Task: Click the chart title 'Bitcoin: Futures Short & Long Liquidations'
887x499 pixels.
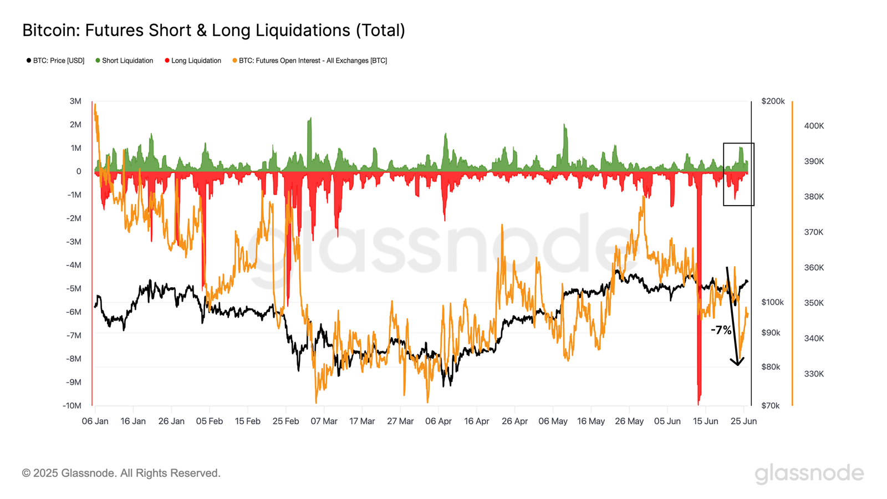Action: pos(213,30)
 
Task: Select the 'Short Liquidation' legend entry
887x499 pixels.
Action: pos(127,60)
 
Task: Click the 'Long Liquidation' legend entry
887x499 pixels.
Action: pos(196,60)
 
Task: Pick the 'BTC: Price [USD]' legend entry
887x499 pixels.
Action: pos(58,60)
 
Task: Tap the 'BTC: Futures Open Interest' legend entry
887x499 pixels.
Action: pos(313,60)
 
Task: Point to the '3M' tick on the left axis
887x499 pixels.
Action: pos(75,101)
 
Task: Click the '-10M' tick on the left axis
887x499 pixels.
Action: pos(72,405)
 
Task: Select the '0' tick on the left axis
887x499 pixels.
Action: pos(79,171)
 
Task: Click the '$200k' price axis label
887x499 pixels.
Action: pos(773,101)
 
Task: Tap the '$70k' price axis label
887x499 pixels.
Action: pos(771,405)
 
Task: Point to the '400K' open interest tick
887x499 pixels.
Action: pos(814,126)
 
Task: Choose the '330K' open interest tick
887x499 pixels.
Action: pos(814,374)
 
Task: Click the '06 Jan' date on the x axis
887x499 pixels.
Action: pos(95,421)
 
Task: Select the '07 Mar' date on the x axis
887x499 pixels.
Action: pos(324,421)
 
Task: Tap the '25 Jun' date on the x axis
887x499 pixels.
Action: pos(743,421)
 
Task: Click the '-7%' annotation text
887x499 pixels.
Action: pos(721,330)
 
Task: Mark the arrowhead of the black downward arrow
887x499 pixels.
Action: pos(737,363)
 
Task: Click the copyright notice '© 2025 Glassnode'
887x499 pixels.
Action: pos(121,473)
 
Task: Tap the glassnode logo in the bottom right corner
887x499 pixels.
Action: pos(809,473)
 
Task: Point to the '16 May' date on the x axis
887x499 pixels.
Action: pos(591,421)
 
